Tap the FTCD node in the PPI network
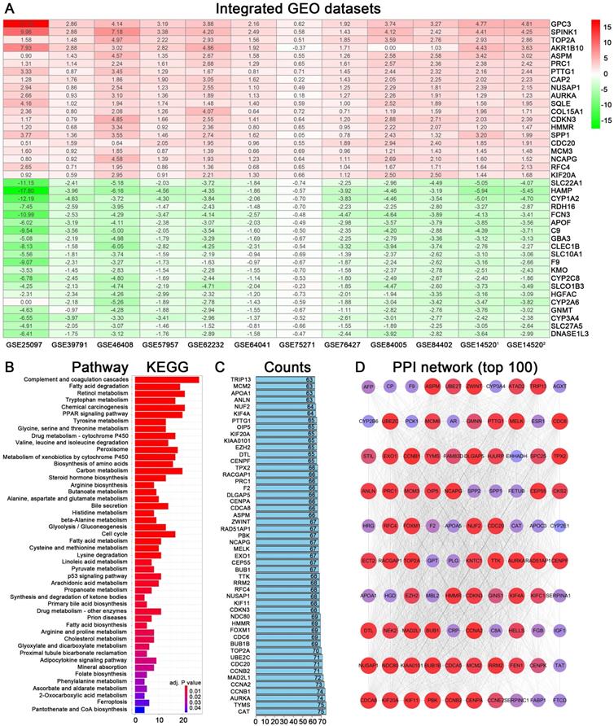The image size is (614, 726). (x=582, y=698)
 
